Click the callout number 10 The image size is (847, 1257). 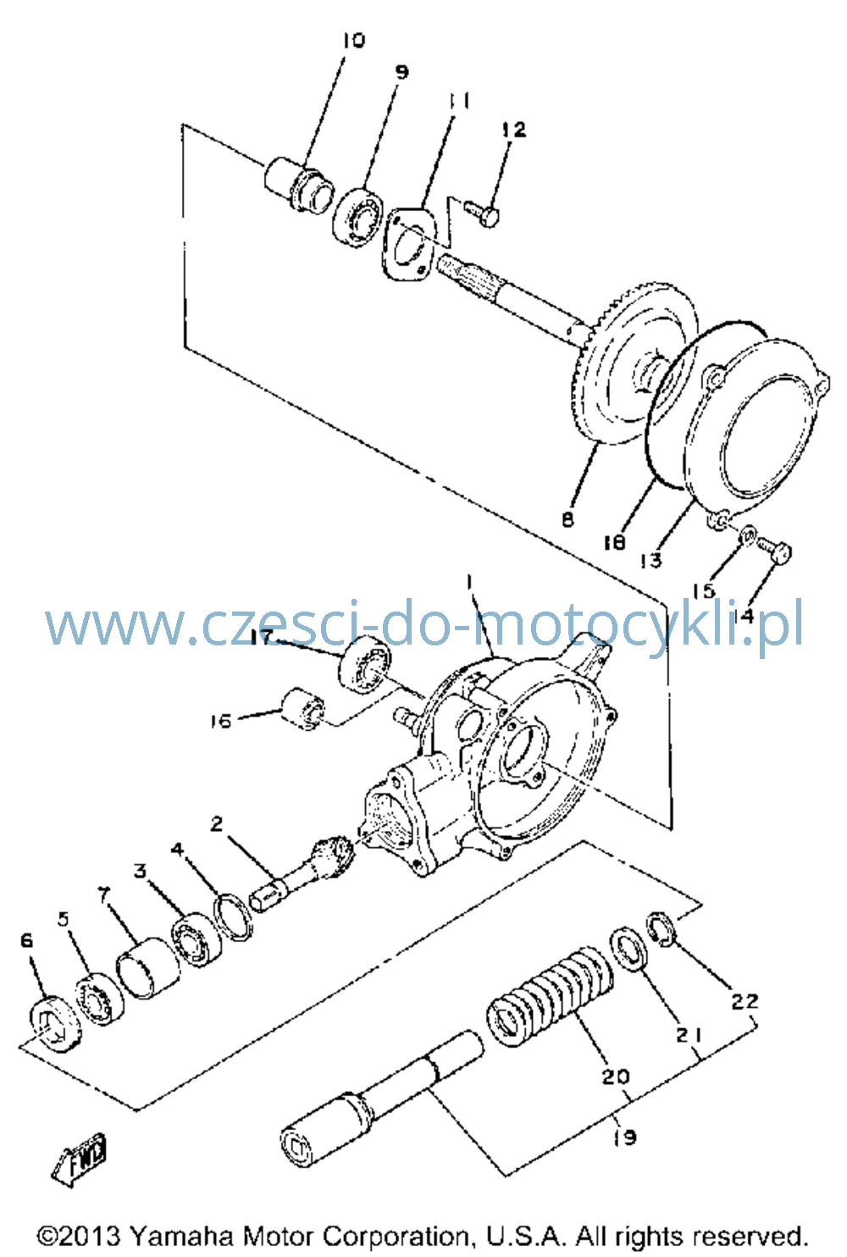tap(353, 41)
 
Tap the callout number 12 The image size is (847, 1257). tap(513, 130)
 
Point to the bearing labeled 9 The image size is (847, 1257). tap(357, 217)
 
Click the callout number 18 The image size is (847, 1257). tap(614, 542)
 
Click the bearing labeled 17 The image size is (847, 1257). tap(365, 664)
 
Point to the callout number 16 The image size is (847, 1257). tap(221, 721)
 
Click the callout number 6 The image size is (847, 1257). tap(26, 940)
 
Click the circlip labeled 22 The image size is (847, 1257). tap(662, 929)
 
